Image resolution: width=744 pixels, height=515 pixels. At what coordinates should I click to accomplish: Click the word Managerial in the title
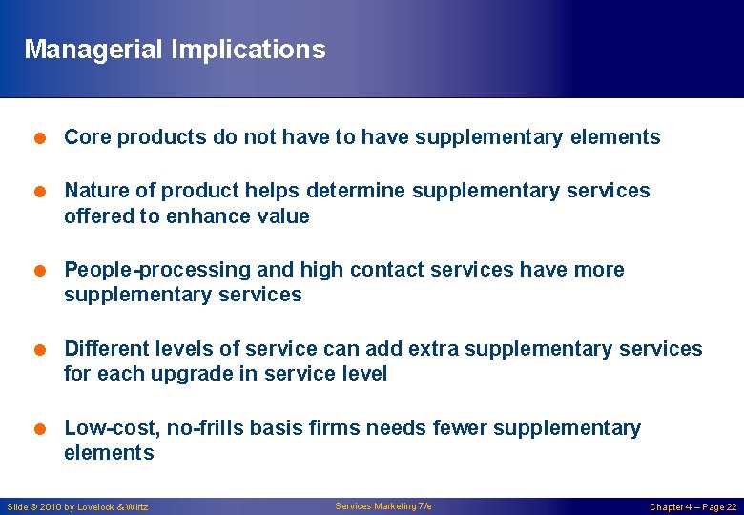(93, 50)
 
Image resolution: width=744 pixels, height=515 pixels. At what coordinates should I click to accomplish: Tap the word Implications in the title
(248, 50)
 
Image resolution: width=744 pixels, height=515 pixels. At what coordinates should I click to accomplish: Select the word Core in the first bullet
(85, 137)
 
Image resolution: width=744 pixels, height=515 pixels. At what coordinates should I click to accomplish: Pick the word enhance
(202, 216)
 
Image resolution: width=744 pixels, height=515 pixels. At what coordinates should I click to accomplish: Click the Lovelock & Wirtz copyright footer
(77, 506)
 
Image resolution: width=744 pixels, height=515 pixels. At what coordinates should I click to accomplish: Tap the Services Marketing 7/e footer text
(382, 505)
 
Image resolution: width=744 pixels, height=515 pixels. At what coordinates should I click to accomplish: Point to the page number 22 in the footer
(731, 506)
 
